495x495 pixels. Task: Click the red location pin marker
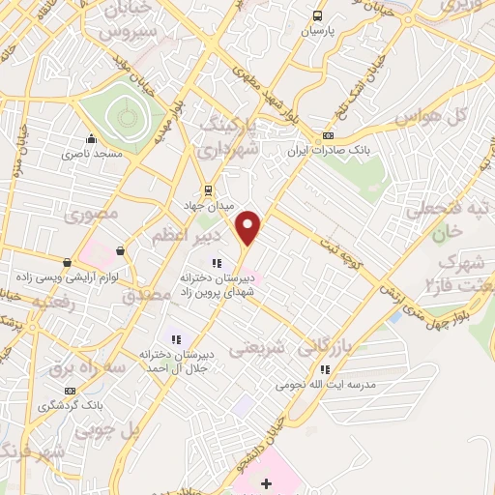[x=249, y=227]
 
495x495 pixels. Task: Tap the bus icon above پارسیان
[x=317, y=15]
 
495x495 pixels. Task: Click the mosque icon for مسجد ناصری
[x=91, y=138]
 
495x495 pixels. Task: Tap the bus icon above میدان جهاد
[x=205, y=189]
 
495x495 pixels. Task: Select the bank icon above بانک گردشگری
[x=69, y=391]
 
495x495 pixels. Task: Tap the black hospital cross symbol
[x=267, y=481]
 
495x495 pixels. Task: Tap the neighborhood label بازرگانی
[x=332, y=345]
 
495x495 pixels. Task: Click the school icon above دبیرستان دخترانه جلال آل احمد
[x=176, y=338]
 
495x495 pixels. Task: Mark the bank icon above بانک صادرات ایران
[x=328, y=135]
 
